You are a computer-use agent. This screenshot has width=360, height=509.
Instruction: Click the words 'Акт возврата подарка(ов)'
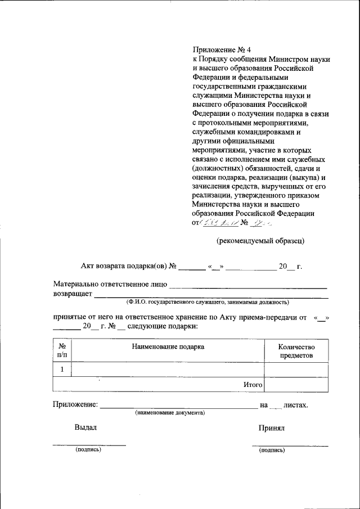tap(123, 266)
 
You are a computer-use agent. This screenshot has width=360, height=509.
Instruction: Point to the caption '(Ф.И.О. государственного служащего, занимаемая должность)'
tap(208, 302)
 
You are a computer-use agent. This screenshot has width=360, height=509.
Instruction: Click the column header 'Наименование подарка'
tap(168, 347)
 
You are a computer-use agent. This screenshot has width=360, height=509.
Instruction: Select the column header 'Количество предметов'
tap(296, 352)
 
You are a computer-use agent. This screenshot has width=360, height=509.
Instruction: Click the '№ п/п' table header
tap(62, 351)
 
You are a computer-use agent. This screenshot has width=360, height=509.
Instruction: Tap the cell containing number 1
tap(62, 369)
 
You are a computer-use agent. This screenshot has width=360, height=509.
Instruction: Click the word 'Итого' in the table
tap(253, 385)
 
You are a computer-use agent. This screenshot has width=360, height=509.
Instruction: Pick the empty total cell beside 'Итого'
tap(296, 384)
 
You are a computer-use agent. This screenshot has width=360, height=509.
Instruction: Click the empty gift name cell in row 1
tap(168, 369)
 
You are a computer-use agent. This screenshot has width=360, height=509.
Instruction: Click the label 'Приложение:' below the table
tap(75, 404)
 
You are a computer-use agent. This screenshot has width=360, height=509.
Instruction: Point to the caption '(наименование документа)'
tap(169, 413)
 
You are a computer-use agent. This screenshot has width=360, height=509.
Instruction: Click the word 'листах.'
tap(296, 404)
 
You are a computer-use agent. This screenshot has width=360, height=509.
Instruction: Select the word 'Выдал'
tap(85, 427)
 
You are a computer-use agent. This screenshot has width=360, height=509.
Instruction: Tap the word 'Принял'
tap(271, 428)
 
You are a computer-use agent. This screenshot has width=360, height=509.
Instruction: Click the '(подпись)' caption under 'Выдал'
tap(88, 449)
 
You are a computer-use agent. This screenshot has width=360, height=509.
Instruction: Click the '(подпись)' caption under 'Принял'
tap(272, 450)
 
